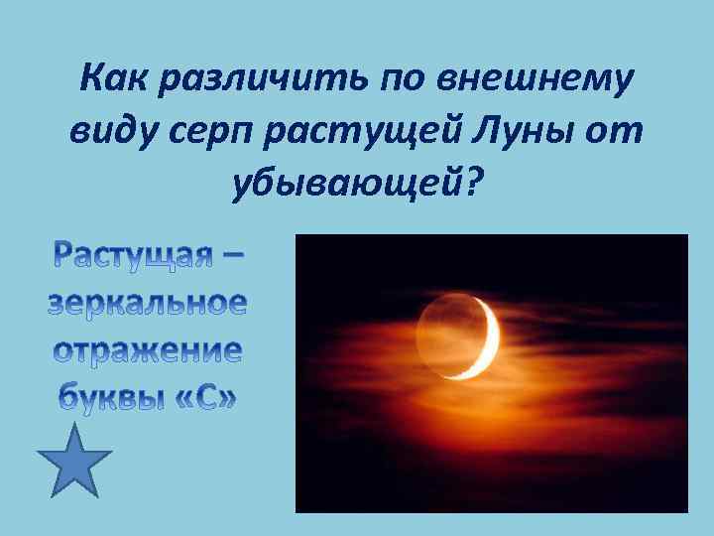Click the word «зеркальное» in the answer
(x=146, y=305)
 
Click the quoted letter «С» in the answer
(x=202, y=400)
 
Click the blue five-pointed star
(x=74, y=460)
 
